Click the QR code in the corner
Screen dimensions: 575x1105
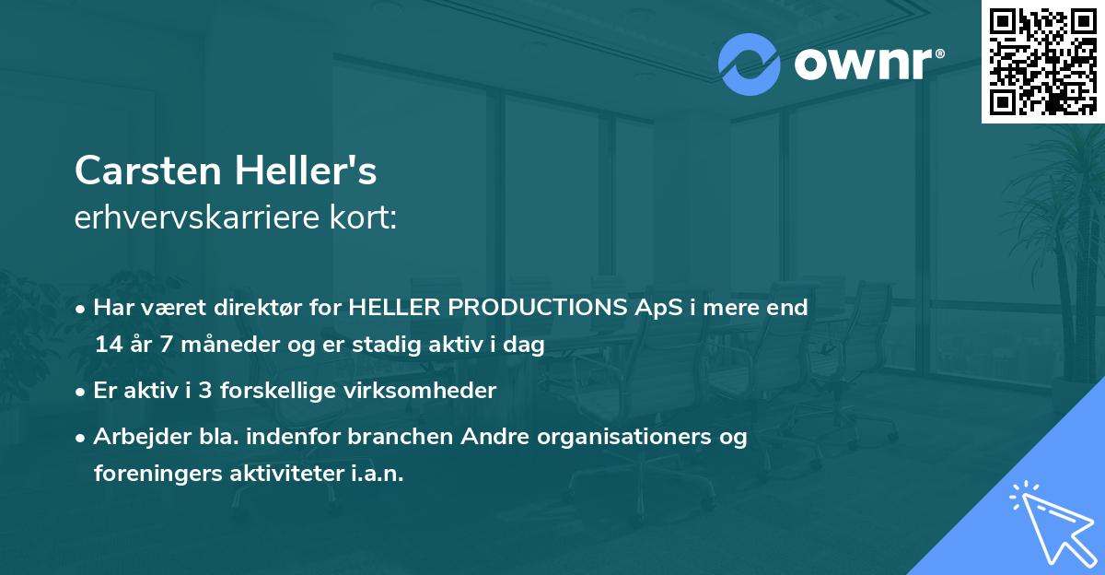[1042, 62]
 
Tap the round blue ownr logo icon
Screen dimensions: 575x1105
[749, 64]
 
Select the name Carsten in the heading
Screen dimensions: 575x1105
[147, 170]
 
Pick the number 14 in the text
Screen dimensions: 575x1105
[107, 346]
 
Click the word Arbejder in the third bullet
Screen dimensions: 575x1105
[134, 437]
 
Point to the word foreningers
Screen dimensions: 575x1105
[151, 474]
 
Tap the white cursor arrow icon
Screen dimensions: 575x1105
[1048, 523]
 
